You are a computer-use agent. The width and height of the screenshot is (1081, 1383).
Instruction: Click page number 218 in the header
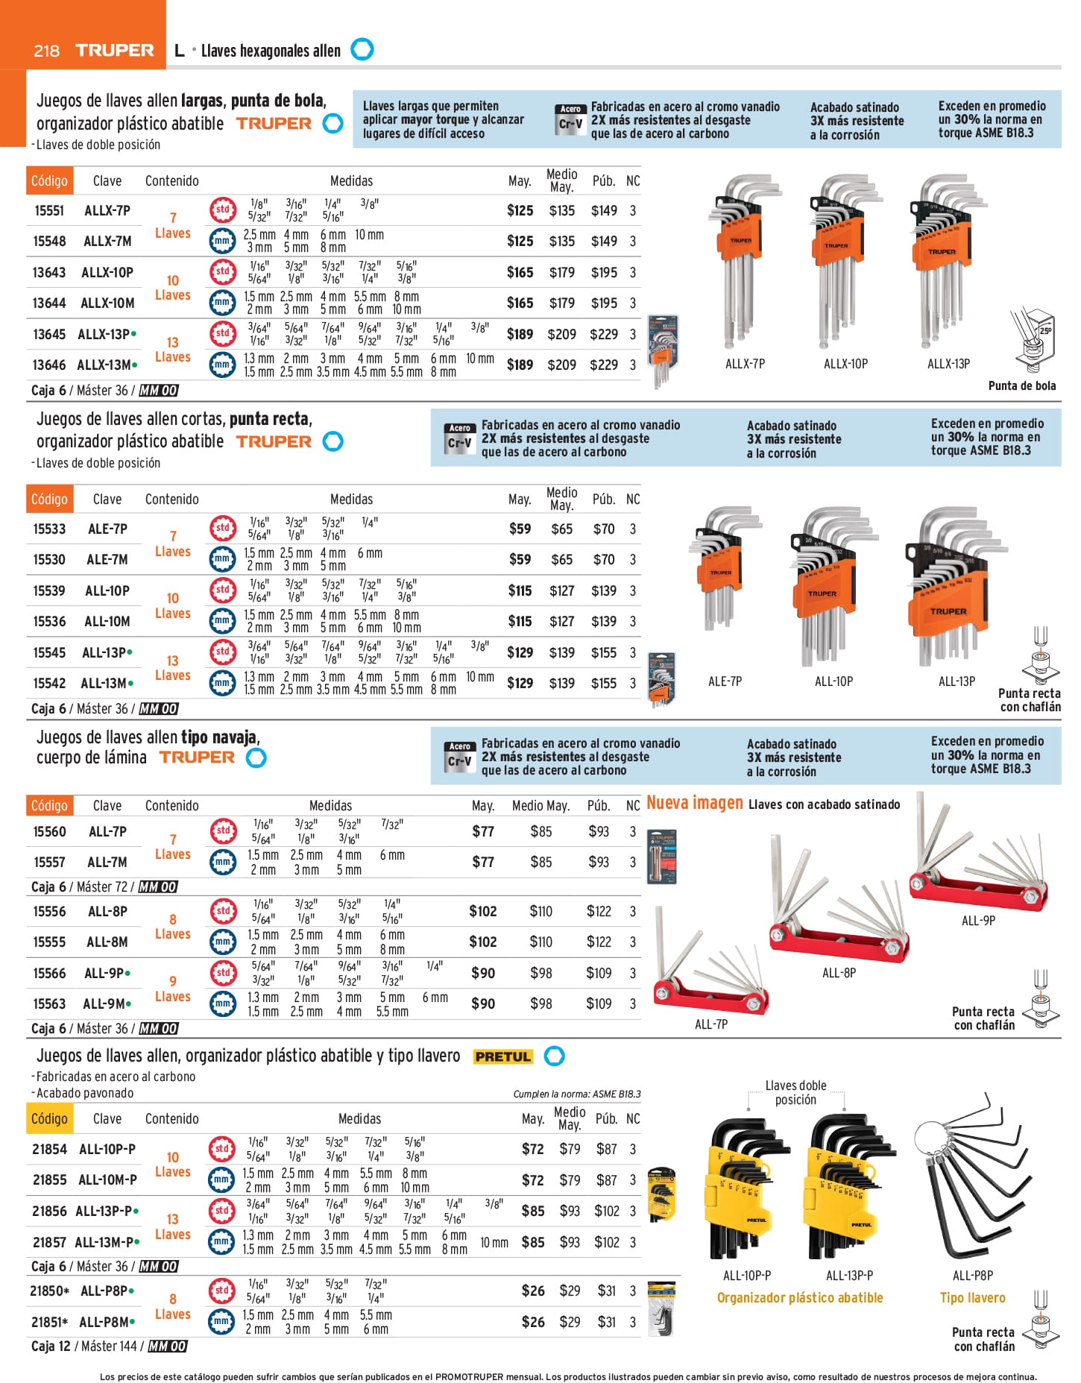pyautogui.click(x=46, y=51)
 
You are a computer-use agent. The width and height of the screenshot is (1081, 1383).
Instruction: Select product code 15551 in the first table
pyautogui.click(x=49, y=211)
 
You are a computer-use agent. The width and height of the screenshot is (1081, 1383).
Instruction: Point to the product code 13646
pyautogui.click(x=49, y=365)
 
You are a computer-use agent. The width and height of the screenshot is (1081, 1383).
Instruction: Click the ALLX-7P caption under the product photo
pyautogui.click(x=745, y=364)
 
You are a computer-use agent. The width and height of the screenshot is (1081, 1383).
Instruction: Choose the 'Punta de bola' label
pyautogui.click(x=1021, y=385)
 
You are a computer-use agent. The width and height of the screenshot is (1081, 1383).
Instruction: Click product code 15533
pyautogui.click(x=49, y=529)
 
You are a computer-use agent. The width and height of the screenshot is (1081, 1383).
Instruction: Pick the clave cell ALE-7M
pyautogui.click(x=107, y=560)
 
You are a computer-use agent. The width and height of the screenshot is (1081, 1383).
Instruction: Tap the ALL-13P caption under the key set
pyautogui.click(x=956, y=681)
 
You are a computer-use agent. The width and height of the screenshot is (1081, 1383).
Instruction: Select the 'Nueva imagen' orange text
pyautogui.click(x=694, y=803)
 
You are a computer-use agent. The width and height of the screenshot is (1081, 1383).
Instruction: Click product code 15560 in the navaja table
pyautogui.click(x=49, y=832)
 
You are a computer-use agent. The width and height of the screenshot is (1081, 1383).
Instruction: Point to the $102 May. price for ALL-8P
pyautogui.click(x=482, y=912)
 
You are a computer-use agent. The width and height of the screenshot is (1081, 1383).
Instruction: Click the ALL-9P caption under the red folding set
pyautogui.click(x=978, y=921)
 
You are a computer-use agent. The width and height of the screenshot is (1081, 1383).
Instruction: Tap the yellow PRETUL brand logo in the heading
pyautogui.click(x=503, y=1056)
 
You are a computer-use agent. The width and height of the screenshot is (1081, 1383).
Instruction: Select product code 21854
pyautogui.click(x=49, y=1150)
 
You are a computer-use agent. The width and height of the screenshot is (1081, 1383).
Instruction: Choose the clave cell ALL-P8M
pyautogui.click(x=104, y=1322)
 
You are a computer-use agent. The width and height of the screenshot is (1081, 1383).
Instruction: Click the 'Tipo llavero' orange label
pyautogui.click(x=972, y=1298)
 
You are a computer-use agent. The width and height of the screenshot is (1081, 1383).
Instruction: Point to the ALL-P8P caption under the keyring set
pyautogui.click(x=972, y=1276)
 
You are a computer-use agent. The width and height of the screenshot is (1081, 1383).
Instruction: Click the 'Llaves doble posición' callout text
pyautogui.click(x=795, y=1093)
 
